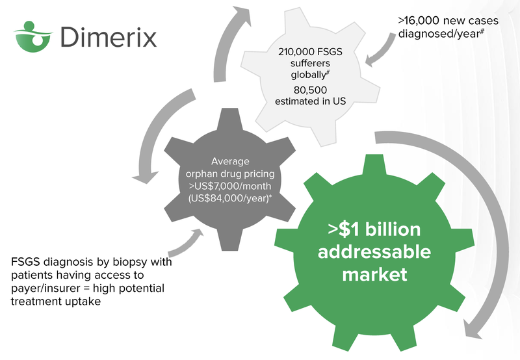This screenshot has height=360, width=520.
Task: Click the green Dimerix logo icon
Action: [33, 37]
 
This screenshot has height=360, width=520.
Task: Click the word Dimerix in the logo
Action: [109, 37]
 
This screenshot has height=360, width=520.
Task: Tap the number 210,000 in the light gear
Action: [296, 52]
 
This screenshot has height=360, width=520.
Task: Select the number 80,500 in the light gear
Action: [310, 90]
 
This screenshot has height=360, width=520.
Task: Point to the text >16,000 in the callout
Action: [419, 21]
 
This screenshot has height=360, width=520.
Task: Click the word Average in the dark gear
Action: [230, 161]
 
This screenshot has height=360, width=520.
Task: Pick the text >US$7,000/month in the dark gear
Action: [230, 186]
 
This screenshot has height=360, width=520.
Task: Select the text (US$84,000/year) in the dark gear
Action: [229, 199]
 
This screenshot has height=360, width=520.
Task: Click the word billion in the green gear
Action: [393, 229]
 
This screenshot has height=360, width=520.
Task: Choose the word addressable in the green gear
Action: [374, 251]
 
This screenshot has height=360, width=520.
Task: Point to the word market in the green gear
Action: [374, 275]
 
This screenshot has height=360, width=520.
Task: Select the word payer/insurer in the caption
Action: [46, 289]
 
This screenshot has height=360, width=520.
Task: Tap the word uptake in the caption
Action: [84, 302]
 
